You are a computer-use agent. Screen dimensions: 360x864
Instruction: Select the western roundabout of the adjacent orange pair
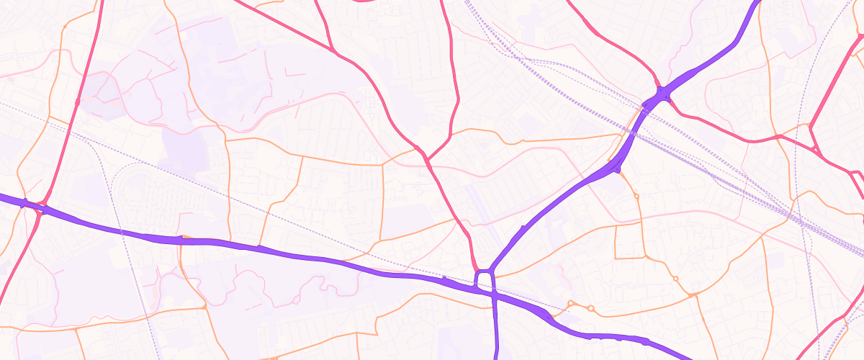[x=570, y=303]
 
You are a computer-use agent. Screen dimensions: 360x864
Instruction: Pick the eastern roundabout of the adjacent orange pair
[x=591, y=308]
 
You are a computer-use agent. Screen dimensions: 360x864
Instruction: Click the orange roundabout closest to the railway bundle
[x=636, y=196]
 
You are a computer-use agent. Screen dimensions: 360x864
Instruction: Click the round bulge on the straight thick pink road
[x=77, y=102]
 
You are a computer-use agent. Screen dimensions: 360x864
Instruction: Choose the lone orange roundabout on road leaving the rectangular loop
[x=675, y=278]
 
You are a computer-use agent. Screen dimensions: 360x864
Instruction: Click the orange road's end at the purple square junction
[x=492, y=271]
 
